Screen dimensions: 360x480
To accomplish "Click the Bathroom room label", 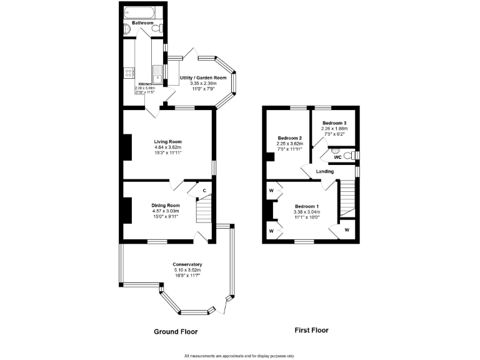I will tap(142, 23).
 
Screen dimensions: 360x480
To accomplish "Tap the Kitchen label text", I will tap(144, 84).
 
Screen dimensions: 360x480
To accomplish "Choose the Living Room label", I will tap(168, 142).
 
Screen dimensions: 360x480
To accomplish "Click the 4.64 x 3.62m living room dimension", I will tap(168, 147).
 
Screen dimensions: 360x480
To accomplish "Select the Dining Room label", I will tap(166, 205).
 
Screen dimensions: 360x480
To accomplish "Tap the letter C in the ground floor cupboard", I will tap(204, 191).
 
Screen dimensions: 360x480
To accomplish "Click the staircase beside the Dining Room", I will tap(204, 211).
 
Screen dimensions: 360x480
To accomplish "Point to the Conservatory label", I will tap(187, 264).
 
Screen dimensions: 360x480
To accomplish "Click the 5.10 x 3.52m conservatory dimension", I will tap(187, 270).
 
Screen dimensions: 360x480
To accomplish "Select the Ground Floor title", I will tap(176, 332).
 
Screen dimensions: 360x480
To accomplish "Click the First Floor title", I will tap(311, 330).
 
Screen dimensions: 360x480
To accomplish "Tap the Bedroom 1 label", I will tap(307, 207).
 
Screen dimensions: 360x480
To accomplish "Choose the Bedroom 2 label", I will tap(289, 138).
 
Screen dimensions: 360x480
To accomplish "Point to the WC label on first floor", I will tap(337, 157).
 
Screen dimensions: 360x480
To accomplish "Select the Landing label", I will tap(325, 171).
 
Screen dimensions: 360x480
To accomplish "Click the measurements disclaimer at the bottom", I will tap(239, 356).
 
